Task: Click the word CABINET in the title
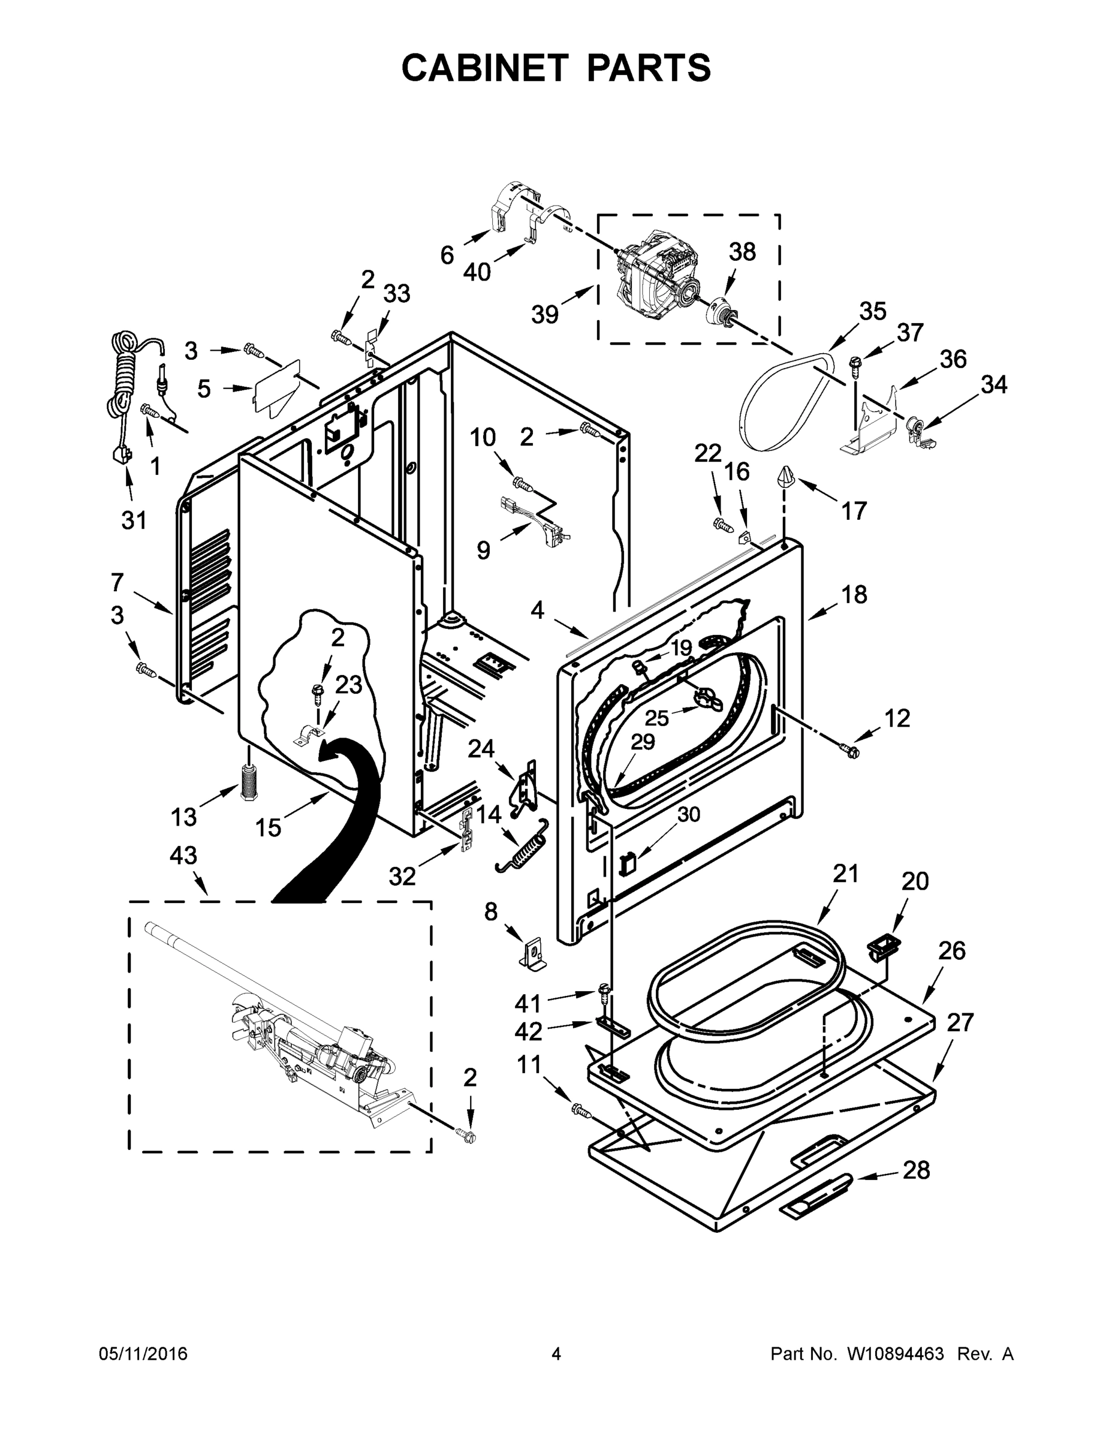pos(484,67)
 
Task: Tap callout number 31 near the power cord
pos(134,520)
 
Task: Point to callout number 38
pos(742,252)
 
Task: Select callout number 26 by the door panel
pos(952,950)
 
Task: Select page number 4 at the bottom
pos(556,1354)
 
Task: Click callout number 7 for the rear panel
pos(117,582)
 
